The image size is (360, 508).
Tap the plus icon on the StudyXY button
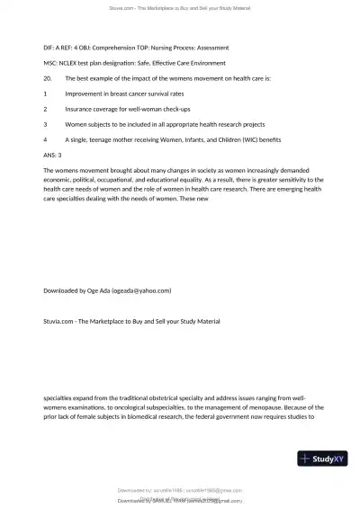tap(308, 459)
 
